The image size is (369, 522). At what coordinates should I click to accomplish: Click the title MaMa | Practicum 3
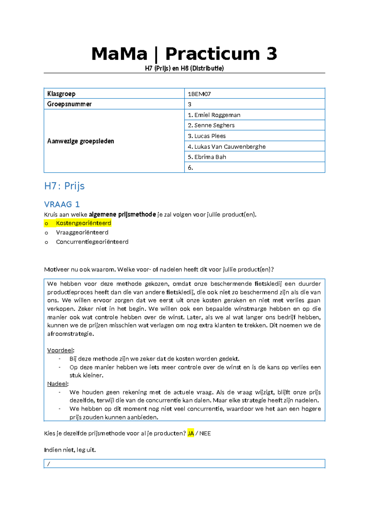(184, 54)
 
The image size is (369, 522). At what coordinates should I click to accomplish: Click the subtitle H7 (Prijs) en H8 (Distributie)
(184, 68)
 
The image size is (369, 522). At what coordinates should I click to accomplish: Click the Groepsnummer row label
(69, 104)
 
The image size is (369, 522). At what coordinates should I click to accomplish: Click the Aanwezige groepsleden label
(81, 141)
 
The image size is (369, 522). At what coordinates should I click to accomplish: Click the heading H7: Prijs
(64, 186)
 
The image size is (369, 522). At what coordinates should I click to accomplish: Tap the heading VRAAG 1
(62, 204)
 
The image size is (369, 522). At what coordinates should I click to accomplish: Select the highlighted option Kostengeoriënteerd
(83, 223)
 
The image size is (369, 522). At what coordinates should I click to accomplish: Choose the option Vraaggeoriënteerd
(82, 232)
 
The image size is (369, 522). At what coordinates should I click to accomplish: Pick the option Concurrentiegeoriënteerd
(92, 242)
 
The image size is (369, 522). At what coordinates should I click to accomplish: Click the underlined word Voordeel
(60, 350)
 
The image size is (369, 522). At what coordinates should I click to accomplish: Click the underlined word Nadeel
(57, 384)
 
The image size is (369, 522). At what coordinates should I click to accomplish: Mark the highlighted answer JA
(191, 433)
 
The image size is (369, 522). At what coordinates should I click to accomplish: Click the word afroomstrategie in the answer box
(70, 334)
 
